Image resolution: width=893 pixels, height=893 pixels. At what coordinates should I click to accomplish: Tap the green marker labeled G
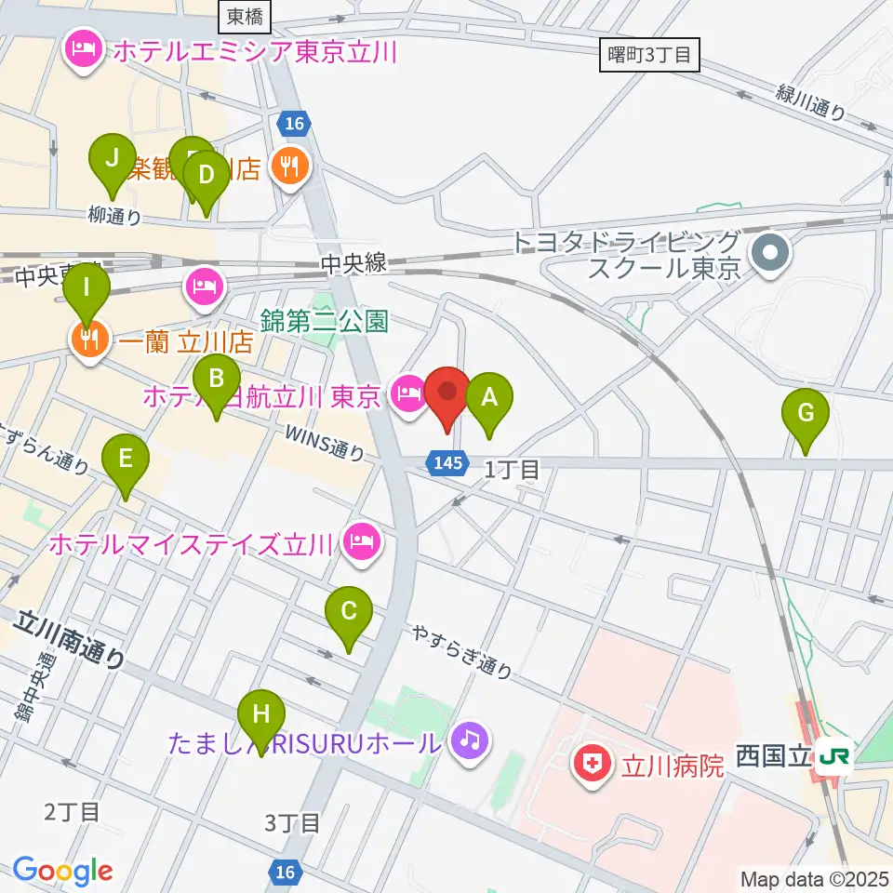point(806,413)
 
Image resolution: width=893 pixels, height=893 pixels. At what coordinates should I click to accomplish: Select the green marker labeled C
point(349,612)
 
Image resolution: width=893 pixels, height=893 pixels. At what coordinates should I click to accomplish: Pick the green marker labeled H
point(261,715)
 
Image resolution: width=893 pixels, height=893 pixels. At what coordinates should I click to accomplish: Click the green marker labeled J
point(113,158)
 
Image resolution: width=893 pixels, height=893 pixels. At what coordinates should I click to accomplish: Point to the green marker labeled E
point(124,459)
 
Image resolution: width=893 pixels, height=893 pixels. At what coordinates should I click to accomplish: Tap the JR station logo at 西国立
point(835,755)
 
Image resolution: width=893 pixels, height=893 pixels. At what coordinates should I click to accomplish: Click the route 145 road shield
point(447,462)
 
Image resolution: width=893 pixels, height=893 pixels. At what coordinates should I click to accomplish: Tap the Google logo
point(62,871)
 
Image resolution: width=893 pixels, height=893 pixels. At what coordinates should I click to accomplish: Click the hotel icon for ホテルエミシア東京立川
point(84,48)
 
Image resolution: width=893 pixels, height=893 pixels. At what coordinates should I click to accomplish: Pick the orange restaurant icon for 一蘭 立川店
point(88,340)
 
